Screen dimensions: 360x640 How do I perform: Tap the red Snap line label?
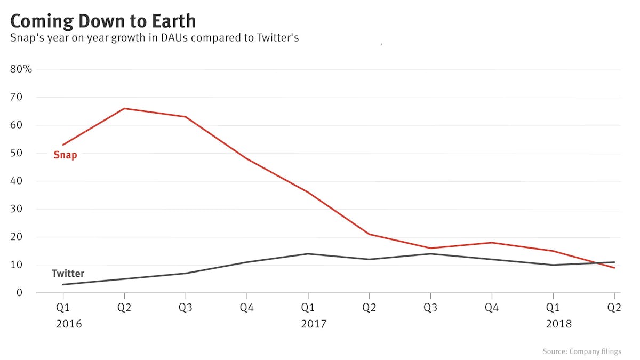coord(65,155)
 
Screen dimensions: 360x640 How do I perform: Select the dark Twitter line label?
coord(68,274)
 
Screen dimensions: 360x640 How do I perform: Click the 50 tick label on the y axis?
coord(16,153)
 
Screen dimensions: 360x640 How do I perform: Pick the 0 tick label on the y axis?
coord(19,293)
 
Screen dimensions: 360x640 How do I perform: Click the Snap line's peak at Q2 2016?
coord(124,108)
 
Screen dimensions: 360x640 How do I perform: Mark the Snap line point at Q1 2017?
coord(308,192)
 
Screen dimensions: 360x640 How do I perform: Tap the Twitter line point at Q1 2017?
coord(308,254)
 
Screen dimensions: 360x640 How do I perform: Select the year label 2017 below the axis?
coord(314,324)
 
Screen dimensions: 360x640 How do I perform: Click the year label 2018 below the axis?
coord(558,324)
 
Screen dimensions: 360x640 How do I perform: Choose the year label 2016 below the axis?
coord(69,324)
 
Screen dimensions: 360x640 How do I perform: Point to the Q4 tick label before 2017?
coord(246,309)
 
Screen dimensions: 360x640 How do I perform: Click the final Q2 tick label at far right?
coord(614,309)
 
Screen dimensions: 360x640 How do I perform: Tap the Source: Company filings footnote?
coord(582,351)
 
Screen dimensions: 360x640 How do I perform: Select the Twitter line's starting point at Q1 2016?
coord(63,284)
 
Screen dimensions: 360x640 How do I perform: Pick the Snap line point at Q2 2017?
coord(369,234)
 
